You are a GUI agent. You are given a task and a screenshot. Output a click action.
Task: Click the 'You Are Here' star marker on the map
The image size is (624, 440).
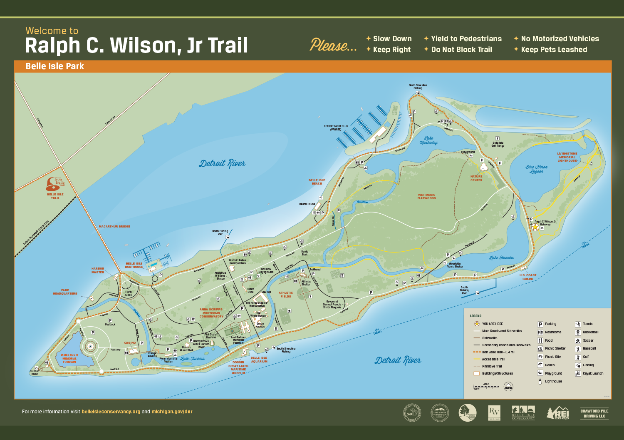[x=535, y=227]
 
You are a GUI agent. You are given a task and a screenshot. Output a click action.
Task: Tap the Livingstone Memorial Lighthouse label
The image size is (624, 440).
[x=567, y=157]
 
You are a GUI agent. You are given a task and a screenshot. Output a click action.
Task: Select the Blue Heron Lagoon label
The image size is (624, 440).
[x=536, y=169]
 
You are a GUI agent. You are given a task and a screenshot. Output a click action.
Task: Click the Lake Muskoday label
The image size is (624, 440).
[x=428, y=140]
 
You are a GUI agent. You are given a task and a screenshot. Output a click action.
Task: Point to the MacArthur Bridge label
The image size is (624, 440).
[x=114, y=227]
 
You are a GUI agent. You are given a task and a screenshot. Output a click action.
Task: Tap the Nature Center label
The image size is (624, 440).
[x=476, y=178]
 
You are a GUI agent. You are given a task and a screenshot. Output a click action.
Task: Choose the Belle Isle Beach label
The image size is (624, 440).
[x=317, y=182]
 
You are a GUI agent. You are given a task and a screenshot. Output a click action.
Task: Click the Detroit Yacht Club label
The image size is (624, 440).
[x=336, y=127]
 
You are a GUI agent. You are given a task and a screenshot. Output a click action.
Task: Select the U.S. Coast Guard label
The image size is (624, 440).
[x=528, y=277]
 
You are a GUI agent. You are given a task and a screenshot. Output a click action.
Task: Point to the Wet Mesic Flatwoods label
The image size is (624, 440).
[x=426, y=196]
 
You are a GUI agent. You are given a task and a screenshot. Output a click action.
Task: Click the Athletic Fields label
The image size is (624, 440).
[x=286, y=295]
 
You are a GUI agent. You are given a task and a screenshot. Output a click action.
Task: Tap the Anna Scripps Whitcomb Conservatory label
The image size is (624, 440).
[x=211, y=313]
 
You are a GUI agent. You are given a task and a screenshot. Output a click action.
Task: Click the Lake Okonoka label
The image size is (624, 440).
[x=501, y=258]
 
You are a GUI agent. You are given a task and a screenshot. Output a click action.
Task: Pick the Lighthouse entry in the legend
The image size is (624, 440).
[x=553, y=381]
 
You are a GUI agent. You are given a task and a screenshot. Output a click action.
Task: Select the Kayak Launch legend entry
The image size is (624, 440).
[x=592, y=373]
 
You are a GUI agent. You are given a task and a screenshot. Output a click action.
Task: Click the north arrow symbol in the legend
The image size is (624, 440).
[x=508, y=386]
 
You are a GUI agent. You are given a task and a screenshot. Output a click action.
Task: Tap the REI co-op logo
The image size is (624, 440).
[x=558, y=413]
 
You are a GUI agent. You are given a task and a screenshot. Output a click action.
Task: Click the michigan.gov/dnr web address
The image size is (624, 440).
[x=172, y=412]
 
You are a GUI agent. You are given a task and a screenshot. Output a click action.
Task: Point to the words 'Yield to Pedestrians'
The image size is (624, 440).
[x=466, y=39]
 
